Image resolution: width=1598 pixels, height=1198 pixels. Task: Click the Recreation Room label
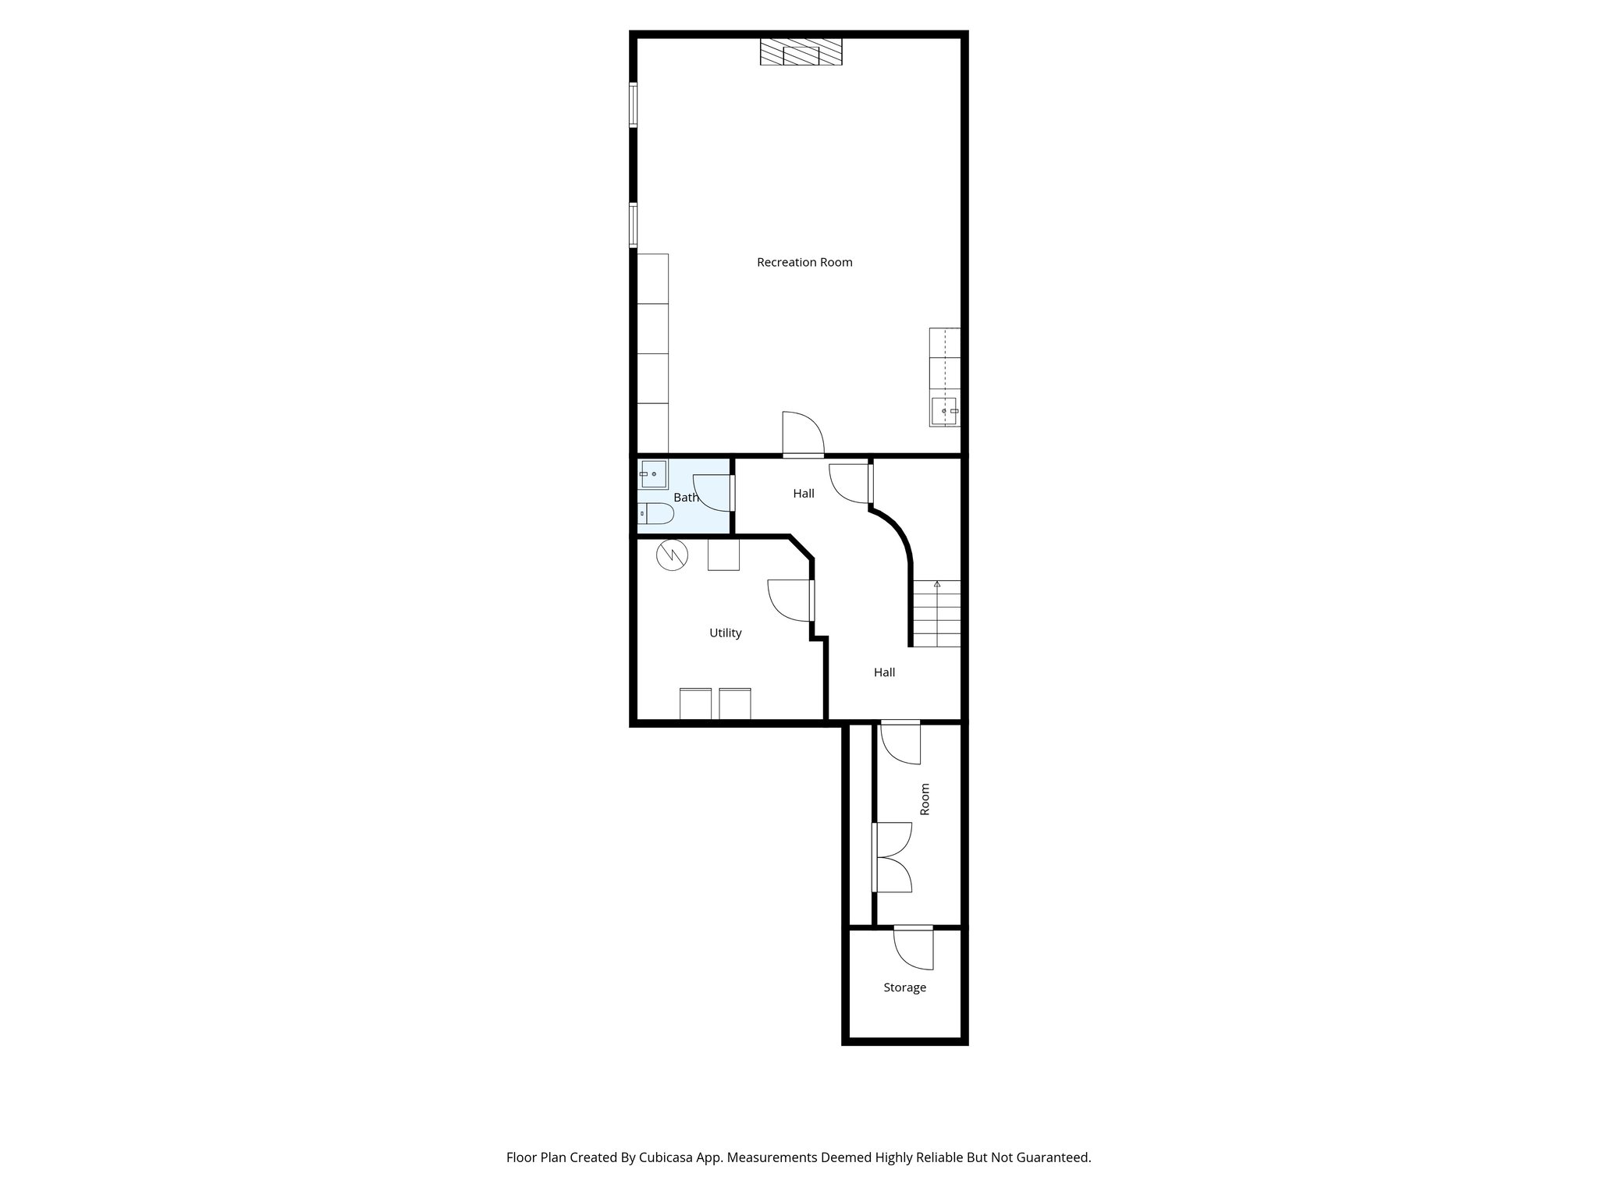pyautogui.click(x=804, y=262)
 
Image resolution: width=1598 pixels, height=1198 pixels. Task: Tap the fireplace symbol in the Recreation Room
pyautogui.click(x=801, y=52)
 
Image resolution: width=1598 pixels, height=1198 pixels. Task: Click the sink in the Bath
pyautogui.click(x=652, y=474)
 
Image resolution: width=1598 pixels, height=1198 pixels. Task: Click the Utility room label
pyautogui.click(x=725, y=633)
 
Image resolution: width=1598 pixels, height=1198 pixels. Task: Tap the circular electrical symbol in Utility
pyautogui.click(x=672, y=555)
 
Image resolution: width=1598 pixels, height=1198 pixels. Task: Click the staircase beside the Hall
pyautogui.click(x=937, y=614)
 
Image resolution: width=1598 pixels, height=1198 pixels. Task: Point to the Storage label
pyautogui.click(x=904, y=987)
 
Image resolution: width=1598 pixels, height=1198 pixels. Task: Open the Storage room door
pyautogui.click(x=912, y=947)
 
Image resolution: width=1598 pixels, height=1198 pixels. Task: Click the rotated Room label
pyautogui.click(x=925, y=799)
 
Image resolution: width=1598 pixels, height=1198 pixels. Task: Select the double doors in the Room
pyautogui.click(x=893, y=857)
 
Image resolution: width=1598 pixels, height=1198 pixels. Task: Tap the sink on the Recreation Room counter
pyautogui.click(x=944, y=410)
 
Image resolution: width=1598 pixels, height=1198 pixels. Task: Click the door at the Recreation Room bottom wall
pyautogui.click(x=803, y=435)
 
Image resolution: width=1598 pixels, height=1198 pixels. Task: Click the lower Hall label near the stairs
pyautogui.click(x=884, y=672)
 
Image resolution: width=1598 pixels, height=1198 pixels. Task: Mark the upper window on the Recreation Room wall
pyautogui.click(x=634, y=105)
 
